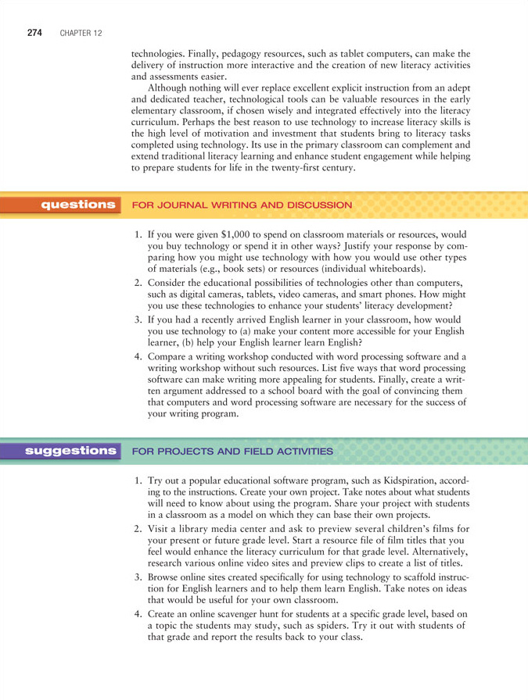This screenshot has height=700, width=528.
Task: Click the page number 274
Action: (x=34, y=33)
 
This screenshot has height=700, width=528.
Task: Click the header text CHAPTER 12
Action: (x=80, y=34)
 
